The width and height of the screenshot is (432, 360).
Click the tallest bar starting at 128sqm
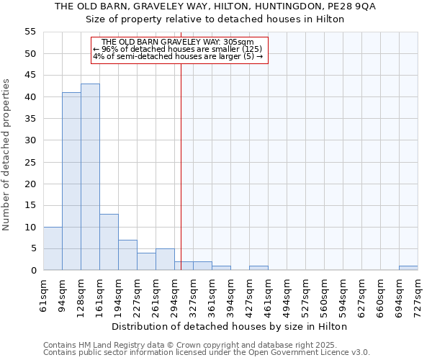(90, 177)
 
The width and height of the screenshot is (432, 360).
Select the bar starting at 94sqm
(71, 181)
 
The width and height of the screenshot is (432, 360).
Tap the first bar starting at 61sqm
(53, 248)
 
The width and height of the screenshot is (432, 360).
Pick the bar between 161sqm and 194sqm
(109, 242)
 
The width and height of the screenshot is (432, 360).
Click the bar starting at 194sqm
(127, 255)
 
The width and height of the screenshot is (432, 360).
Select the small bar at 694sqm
(408, 268)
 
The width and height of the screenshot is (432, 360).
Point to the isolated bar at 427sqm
(258, 268)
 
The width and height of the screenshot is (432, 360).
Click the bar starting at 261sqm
(165, 259)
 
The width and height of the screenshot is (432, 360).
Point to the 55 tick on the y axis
(30, 32)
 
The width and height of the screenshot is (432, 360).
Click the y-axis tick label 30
(30, 140)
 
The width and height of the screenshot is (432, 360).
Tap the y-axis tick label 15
(30, 205)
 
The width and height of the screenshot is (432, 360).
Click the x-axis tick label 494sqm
(287, 294)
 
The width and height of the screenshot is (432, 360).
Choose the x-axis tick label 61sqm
(43, 294)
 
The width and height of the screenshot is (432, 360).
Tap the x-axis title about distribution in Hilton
(230, 326)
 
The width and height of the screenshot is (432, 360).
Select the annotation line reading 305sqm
(179, 42)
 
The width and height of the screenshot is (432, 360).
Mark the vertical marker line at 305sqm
(181, 166)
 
